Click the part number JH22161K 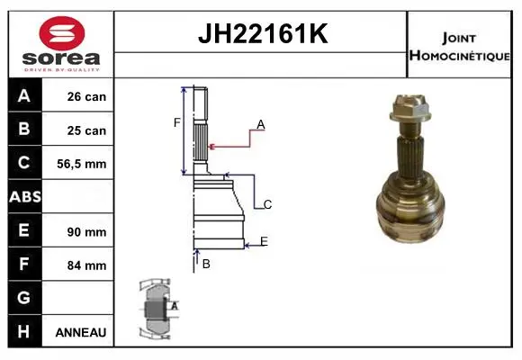click(x=263, y=33)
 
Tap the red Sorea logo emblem click(x=62, y=33)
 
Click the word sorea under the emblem click(x=61, y=58)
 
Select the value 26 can click(x=86, y=96)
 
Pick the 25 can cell click(x=86, y=130)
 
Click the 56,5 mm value click(x=82, y=164)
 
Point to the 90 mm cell click(x=86, y=232)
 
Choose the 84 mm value click(x=86, y=265)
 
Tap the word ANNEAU click(x=81, y=332)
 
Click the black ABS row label click(x=25, y=196)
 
